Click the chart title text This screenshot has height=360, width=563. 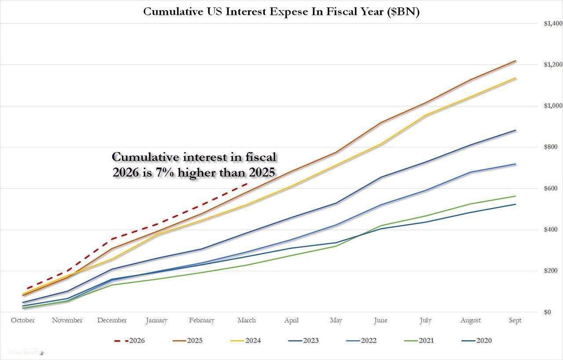tap(281, 11)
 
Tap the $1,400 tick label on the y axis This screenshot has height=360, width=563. tap(552, 23)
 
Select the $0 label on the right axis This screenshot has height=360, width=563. tap(548, 312)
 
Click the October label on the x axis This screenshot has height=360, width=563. tap(23, 320)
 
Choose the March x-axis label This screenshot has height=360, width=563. tap(246, 320)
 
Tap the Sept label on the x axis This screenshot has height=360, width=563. tap(515, 320)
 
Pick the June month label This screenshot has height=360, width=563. tap(380, 320)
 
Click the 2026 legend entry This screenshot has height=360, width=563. tap(129, 341)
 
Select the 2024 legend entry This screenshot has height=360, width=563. tap(246, 341)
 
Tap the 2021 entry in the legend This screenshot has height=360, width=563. tap(419, 341)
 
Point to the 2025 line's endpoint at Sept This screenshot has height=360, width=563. tap(515, 61)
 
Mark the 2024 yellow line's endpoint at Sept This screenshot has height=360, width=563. tap(515, 78)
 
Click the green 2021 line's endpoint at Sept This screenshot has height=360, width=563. tap(515, 196)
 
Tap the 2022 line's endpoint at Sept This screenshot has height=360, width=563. tap(515, 164)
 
